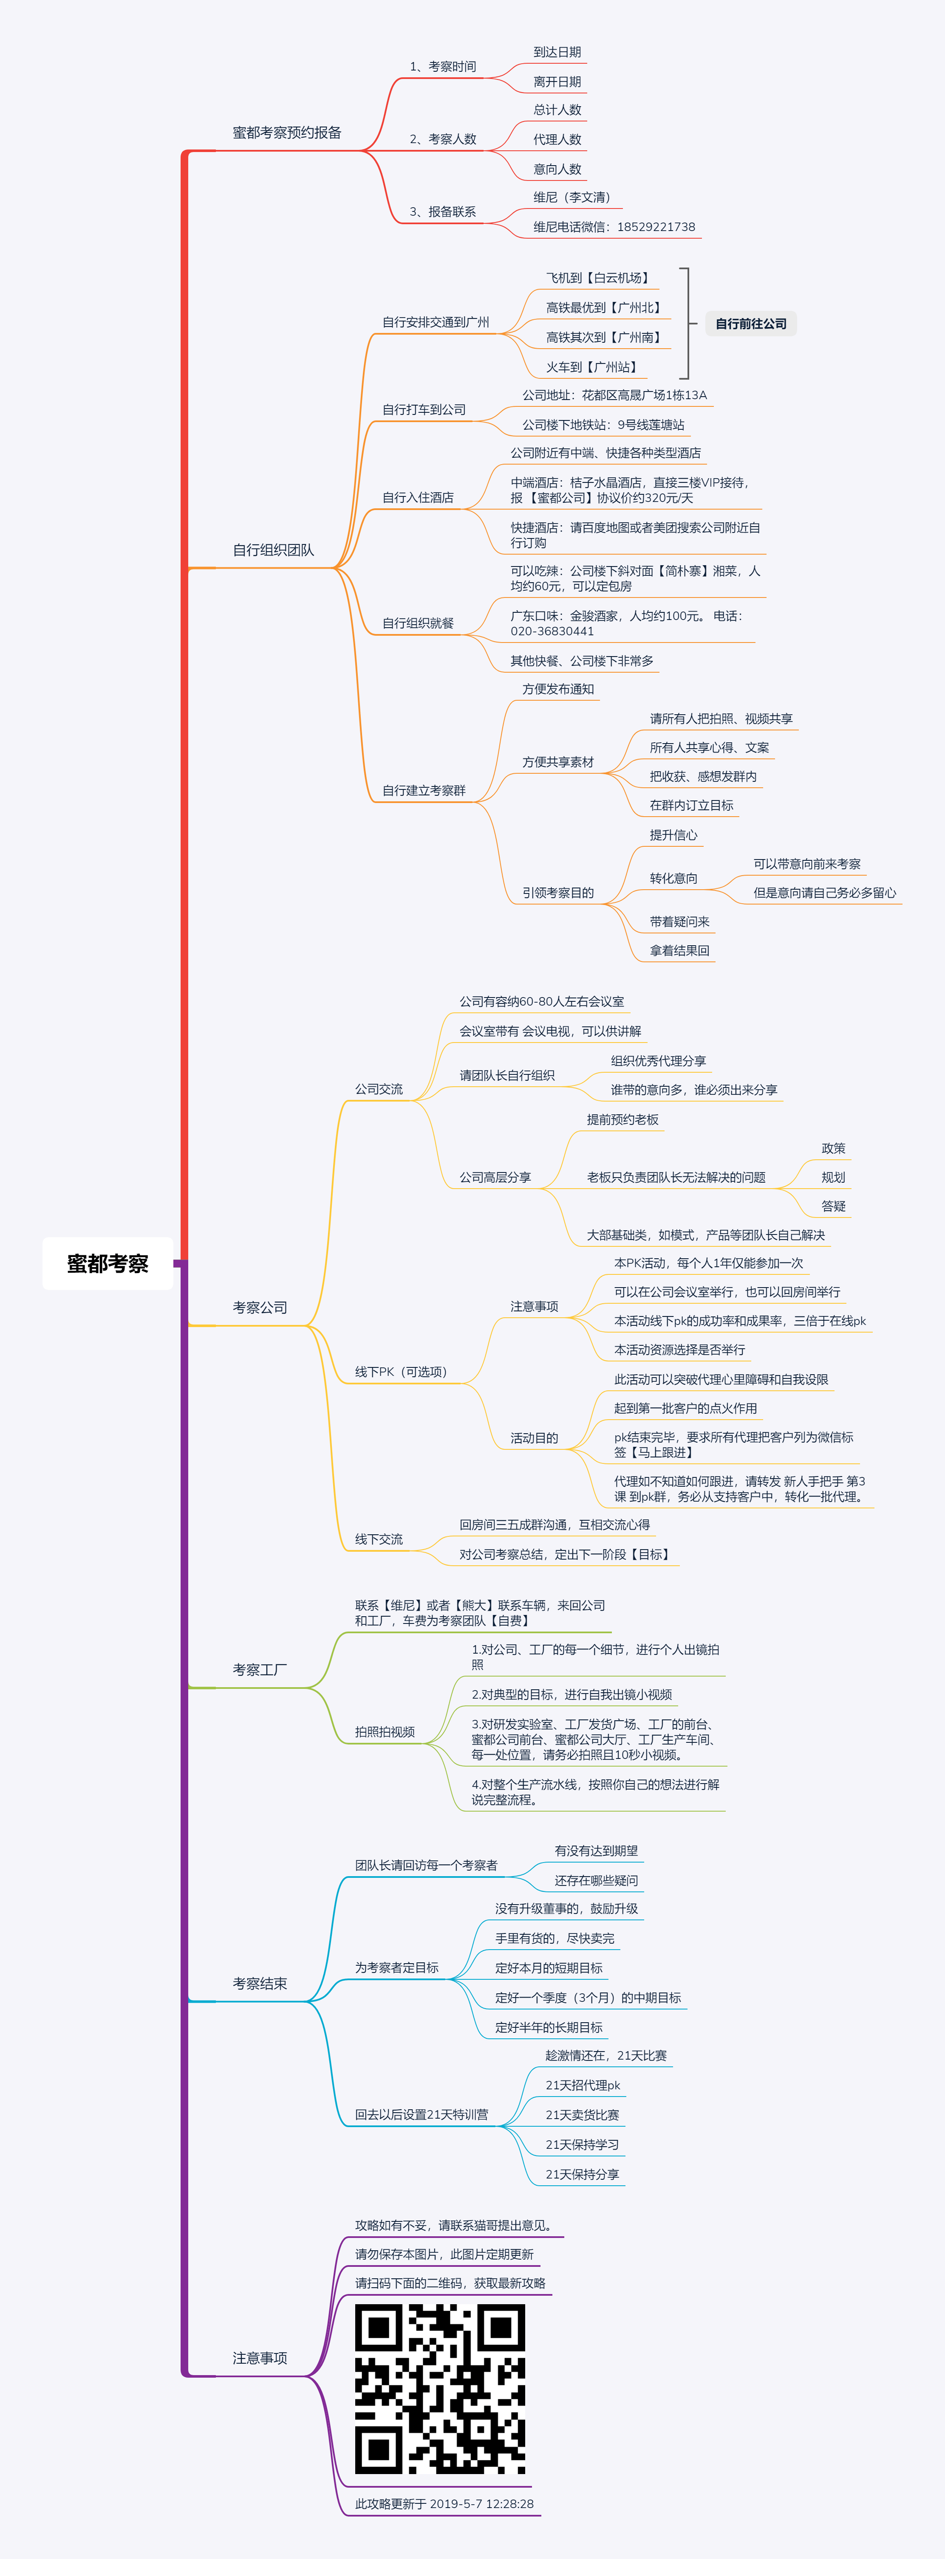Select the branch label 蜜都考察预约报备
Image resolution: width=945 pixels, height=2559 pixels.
coord(287,132)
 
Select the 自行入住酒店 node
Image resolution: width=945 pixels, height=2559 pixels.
coord(419,498)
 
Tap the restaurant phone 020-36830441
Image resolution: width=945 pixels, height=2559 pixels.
coord(552,631)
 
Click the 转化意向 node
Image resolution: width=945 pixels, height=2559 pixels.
coord(674,878)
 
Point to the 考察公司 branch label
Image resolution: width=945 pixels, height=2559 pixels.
coord(260,1307)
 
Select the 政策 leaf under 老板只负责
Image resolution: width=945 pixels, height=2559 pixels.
coord(834,1148)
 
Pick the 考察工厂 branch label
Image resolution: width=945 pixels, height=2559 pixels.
coord(260,1670)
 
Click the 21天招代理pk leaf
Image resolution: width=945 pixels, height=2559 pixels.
coord(583,2085)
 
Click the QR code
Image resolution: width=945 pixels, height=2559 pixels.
coord(440,2388)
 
